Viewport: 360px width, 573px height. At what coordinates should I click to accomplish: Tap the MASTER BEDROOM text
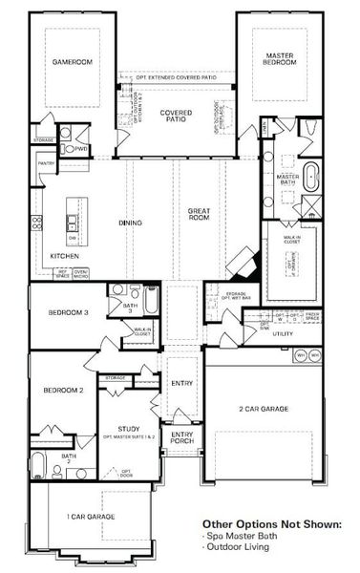click(279, 59)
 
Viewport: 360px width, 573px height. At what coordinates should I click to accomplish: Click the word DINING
click(131, 223)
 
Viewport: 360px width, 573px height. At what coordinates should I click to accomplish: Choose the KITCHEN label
click(65, 257)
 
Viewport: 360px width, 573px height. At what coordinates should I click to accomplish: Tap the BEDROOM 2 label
click(63, 390)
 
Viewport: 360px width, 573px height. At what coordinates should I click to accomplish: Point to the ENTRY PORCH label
click(181, 439)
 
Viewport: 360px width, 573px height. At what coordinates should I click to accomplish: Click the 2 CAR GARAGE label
click(264, 409)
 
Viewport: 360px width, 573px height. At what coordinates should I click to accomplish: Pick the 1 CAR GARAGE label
click(91, 516)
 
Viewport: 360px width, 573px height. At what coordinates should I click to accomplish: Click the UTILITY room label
click(283, 334)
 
